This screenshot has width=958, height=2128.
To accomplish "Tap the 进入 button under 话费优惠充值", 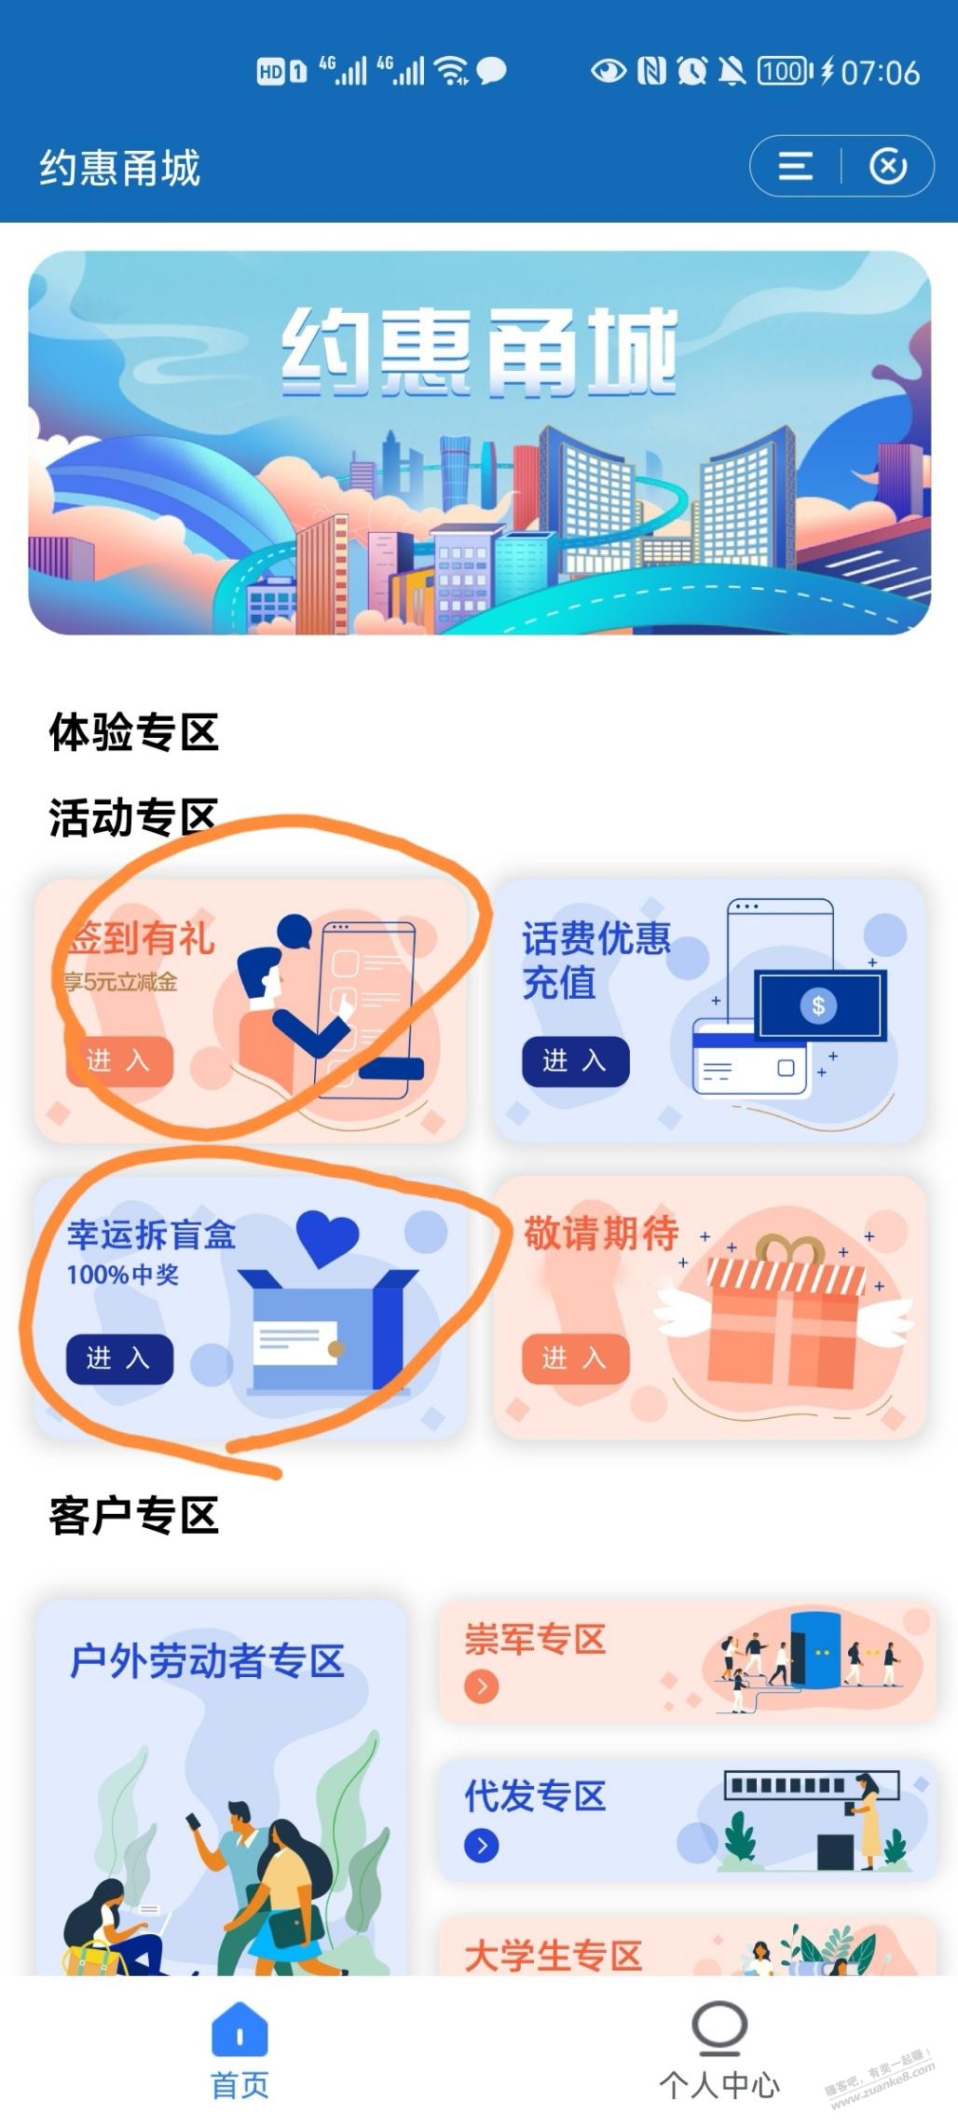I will [575, 1061].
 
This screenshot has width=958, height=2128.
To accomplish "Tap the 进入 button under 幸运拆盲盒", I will [119, 1358].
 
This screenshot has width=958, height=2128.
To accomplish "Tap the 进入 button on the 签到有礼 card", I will [119, 1061].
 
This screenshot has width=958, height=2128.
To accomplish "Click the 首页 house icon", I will [239, 2027].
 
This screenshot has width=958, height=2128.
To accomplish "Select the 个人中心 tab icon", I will [719, 2027].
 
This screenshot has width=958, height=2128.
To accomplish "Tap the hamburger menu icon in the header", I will [795, 167].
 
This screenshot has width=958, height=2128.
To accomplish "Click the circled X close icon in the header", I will [888, 167].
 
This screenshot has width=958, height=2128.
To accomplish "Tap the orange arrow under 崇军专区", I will [481, 1685].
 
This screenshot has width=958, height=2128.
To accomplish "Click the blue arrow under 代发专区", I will [481, 1846].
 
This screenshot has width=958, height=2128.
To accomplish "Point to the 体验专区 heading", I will [133, 732].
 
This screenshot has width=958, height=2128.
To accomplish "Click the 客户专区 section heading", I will [133, 1516].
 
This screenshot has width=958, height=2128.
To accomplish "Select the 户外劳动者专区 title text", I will [207, 1661].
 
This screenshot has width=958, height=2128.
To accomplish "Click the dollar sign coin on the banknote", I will [818, 1005].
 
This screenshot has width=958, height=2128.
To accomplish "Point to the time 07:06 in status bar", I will [880, 72].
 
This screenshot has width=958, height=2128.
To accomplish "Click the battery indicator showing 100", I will [784, 71].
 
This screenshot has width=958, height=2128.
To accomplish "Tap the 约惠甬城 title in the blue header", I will [119, 168].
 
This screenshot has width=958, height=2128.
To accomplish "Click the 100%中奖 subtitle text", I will [122, 1275].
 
